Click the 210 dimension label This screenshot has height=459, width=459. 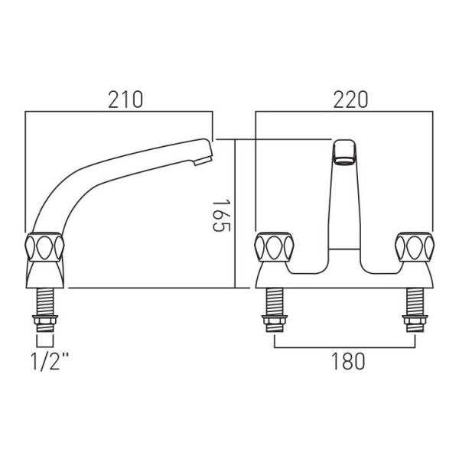tap(125, 99)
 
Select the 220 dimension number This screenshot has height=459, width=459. tap(350, 99)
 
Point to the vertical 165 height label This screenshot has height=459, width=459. tap(221, 216)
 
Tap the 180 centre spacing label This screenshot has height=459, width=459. tap(348, 361)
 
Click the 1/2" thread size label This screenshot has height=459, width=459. tap(50, 362)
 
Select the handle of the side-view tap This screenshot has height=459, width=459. tap(44, 246)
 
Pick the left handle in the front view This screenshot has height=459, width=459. tap(274, 246)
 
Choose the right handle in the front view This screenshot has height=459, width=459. tap(415, 246)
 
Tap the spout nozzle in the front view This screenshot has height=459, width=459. tap(344, 152)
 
